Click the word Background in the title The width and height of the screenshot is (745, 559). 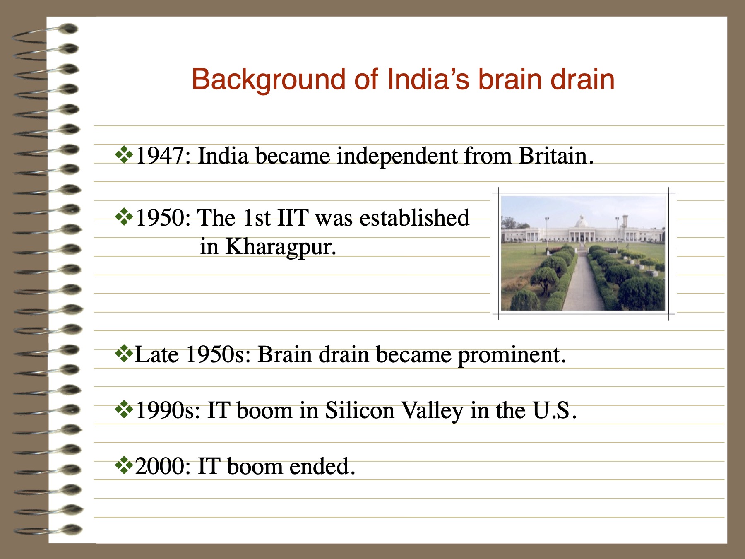(268, 80)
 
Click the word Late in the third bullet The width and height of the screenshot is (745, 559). (157, 355)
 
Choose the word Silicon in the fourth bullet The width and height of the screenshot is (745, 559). (360, 411)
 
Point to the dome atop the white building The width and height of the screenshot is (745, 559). (582, 222)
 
